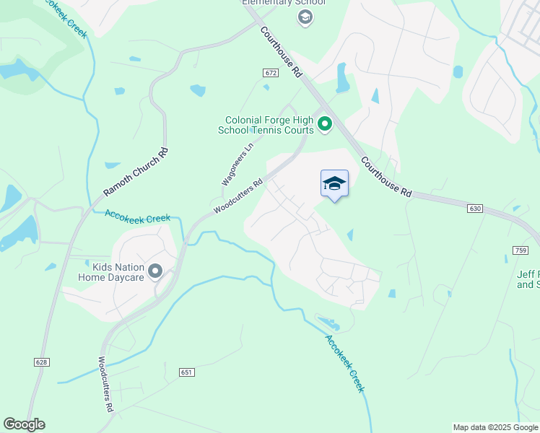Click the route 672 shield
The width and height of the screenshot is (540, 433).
[271, 73]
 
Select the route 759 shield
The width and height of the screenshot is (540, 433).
[520, 250]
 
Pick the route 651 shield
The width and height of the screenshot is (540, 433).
[187, 372]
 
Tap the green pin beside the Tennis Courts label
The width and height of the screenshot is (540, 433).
[325, 126]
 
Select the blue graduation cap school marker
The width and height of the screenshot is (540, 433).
[334, 184]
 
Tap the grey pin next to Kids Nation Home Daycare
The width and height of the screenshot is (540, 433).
[155, 271]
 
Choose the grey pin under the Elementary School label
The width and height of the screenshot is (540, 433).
[305, 17]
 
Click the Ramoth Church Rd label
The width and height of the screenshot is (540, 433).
[135, 173]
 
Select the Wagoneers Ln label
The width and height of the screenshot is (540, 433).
[238, 165]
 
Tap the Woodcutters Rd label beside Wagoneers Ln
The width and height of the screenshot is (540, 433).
[238, 196]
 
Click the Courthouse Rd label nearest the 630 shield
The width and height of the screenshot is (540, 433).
[386, 178]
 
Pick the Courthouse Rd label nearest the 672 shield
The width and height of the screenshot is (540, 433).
[282, 53]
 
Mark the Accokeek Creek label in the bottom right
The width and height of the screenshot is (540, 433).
[345, 364]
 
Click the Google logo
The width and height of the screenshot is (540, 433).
[24, 424]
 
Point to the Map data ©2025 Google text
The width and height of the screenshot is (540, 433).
[495, 427]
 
